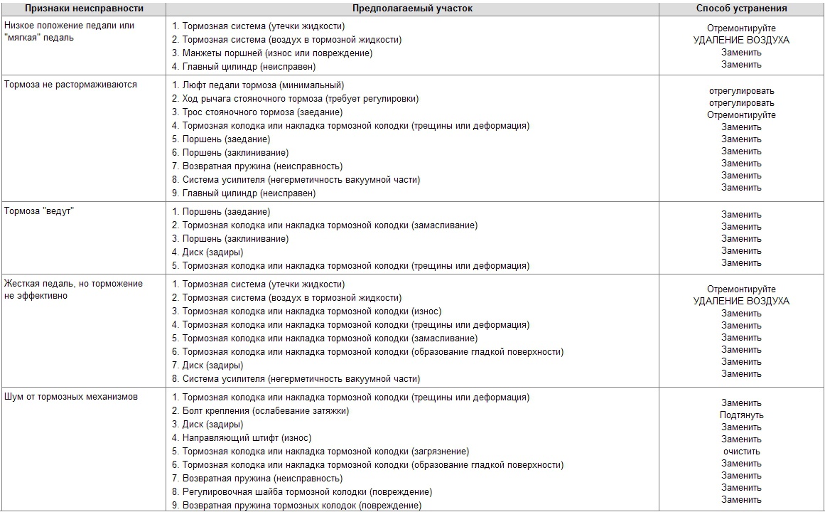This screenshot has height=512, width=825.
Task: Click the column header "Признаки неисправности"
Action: click(x=84, y=9)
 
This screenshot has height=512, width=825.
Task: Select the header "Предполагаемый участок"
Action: click(x=412, y=9)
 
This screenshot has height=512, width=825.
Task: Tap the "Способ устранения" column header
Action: click(x=741, y=9)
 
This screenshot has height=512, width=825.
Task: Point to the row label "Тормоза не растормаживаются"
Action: click(x=70, y=85)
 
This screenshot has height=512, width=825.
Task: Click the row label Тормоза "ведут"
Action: click(x=39, y=212)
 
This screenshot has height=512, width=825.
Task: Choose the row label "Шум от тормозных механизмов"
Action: click(x=71, y=397)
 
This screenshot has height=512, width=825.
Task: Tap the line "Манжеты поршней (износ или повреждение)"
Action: click(x=277, y=53)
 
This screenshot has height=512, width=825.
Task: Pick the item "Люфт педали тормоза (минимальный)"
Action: click(x=263, y=85)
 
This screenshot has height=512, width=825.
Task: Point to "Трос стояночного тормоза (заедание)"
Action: click(x=262, y=112)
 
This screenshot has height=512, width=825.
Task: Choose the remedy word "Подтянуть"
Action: click(x=741, y=415)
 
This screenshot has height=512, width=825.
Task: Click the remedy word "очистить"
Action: click(x=741, y=452)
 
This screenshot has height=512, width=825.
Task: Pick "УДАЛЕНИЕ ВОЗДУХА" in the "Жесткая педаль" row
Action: click(x=741, y=302)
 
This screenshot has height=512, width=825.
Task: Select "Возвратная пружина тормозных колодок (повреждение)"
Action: click(x=301, y=506)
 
